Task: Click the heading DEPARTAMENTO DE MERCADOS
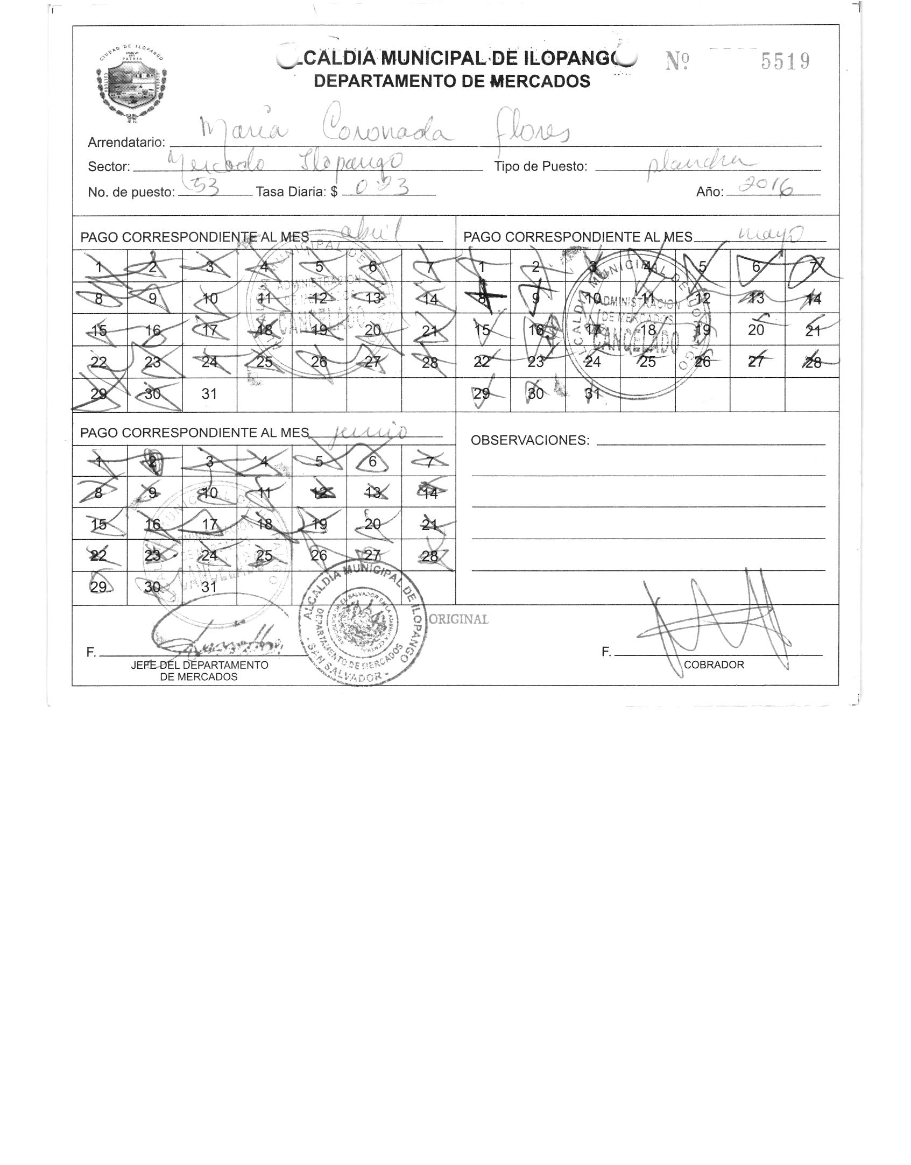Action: pyautogui.click(x=452, y=81)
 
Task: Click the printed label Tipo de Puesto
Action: pyautogui.click(x=540, y=167)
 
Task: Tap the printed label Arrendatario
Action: pyautogui.click(x=126, y=143)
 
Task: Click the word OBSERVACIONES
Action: pyautogui.click(x=530, y=441)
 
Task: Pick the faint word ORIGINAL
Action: pyautogui.click(x=458, y=619)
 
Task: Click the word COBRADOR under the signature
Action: pyautogui.click(x=714, y=665)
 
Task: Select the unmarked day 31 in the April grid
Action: pyautogui.click(x=209, y=394)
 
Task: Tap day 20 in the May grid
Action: pyautogui.click(x=756, y=330)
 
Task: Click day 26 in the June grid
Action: pyautogui.click(x=319, y=555)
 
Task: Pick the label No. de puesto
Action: pyautogui.click(x=131, y=192)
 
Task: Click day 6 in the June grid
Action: pyautogui.click(x=373, y=461)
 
